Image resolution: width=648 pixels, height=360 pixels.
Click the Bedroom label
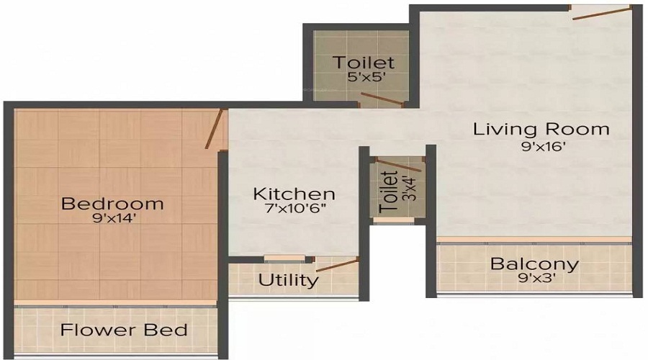[112, 204]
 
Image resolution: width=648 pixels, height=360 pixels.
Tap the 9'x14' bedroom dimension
[112, 219]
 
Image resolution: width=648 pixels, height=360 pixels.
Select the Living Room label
[541, 130]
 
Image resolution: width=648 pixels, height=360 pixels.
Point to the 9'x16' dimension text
[541, 146]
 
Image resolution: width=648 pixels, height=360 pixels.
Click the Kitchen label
[294, 194]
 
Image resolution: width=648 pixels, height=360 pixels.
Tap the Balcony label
[534, 264]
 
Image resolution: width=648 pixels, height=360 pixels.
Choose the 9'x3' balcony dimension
[534, 278]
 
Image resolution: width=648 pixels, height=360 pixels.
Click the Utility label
[288, 280]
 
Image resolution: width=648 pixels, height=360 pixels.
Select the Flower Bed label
[124, 330]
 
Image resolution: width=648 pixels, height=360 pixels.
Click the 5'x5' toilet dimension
[364, 78]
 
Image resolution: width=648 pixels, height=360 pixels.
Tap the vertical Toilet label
[390, 191]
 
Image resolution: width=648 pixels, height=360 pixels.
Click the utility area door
[336, 264]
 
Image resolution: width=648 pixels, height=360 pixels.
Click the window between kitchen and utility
[274, 258]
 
